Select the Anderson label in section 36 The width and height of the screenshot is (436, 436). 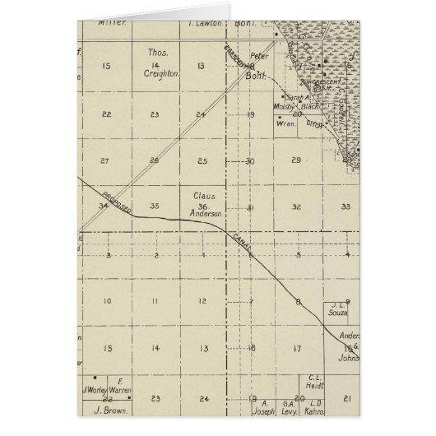pyautogui.click(x=206, y=214)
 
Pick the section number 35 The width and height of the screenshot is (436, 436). pyautogui.click(x=155, y=206)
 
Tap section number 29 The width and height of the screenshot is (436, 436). pyautogui.click(x=297, y=160)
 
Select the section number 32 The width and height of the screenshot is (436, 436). pyautogui.click(x=297, y=207)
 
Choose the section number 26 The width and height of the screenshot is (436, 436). pyautogui.click(x=154, y=160)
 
